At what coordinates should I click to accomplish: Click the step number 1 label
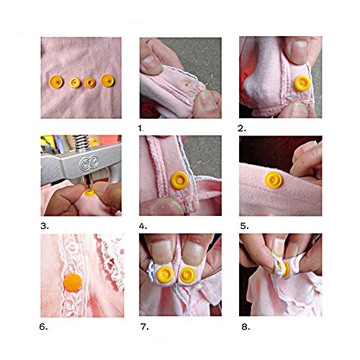(141, 129)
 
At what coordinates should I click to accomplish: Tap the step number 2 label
(242, 129)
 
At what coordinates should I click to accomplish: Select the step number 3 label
(45, 226)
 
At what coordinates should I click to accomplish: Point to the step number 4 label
(143, 226)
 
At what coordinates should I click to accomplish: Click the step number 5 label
(244, 226)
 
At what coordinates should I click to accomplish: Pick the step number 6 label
(43, 327)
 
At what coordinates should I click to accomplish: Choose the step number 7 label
(145, 327)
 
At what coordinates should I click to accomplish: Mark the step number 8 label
(246, 327)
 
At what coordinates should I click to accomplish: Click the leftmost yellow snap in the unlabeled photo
(56, 82)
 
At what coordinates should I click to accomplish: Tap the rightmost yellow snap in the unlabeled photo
(108, 81)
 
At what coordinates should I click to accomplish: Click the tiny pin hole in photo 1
(186, 84)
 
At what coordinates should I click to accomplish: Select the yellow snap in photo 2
(302, 83)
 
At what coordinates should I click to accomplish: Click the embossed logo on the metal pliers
(89, 163)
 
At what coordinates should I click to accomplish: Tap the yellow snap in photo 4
(179, 181)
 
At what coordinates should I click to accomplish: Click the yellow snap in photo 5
(274, 180)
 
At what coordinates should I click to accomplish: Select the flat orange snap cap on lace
(73, 282)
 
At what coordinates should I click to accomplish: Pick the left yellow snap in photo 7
(165, 275)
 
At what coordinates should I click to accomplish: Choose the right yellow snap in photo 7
(188, 275)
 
